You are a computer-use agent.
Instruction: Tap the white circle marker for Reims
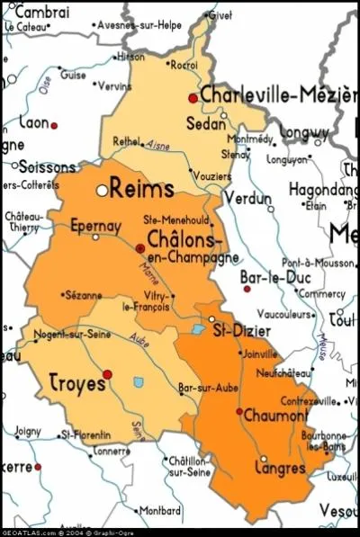(x=103, y=191)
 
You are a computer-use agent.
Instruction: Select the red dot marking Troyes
(x=108, y=373)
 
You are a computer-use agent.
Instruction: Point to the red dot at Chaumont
(x=238, y=412)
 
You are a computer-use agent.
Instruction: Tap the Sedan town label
(x=205, y=124)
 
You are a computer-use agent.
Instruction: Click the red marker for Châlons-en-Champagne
(x=139, y=247)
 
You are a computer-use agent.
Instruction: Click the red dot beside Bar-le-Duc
(x=247, y=289)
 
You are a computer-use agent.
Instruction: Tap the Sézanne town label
(x=84, y=294)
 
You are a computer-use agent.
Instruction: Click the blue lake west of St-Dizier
(x=198, y=329)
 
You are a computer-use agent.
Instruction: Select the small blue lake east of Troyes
(x=139, y=382)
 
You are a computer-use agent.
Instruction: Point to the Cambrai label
(x=42, y=12)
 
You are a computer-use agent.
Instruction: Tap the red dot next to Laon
(x=53, y=125)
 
